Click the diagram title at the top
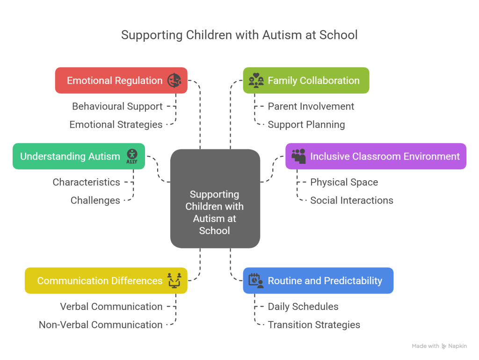239,35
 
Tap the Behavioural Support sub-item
117,107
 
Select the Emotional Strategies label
116,125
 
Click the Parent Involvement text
311,107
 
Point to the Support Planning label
306,125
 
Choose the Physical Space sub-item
344,183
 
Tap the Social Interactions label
352,200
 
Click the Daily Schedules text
303,307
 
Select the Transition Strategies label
314,325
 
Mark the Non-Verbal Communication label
101,325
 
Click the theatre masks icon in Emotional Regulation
174,81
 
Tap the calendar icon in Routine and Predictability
255,280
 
